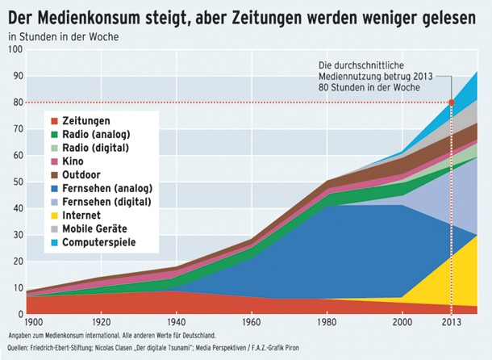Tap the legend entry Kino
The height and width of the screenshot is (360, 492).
coord(77,162)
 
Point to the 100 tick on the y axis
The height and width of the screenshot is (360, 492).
coord(14,50)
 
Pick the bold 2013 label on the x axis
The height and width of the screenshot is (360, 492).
coord(451,322)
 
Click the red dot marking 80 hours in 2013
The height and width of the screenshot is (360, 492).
coord(452,103)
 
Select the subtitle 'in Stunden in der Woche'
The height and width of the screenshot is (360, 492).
coord(58,36)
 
